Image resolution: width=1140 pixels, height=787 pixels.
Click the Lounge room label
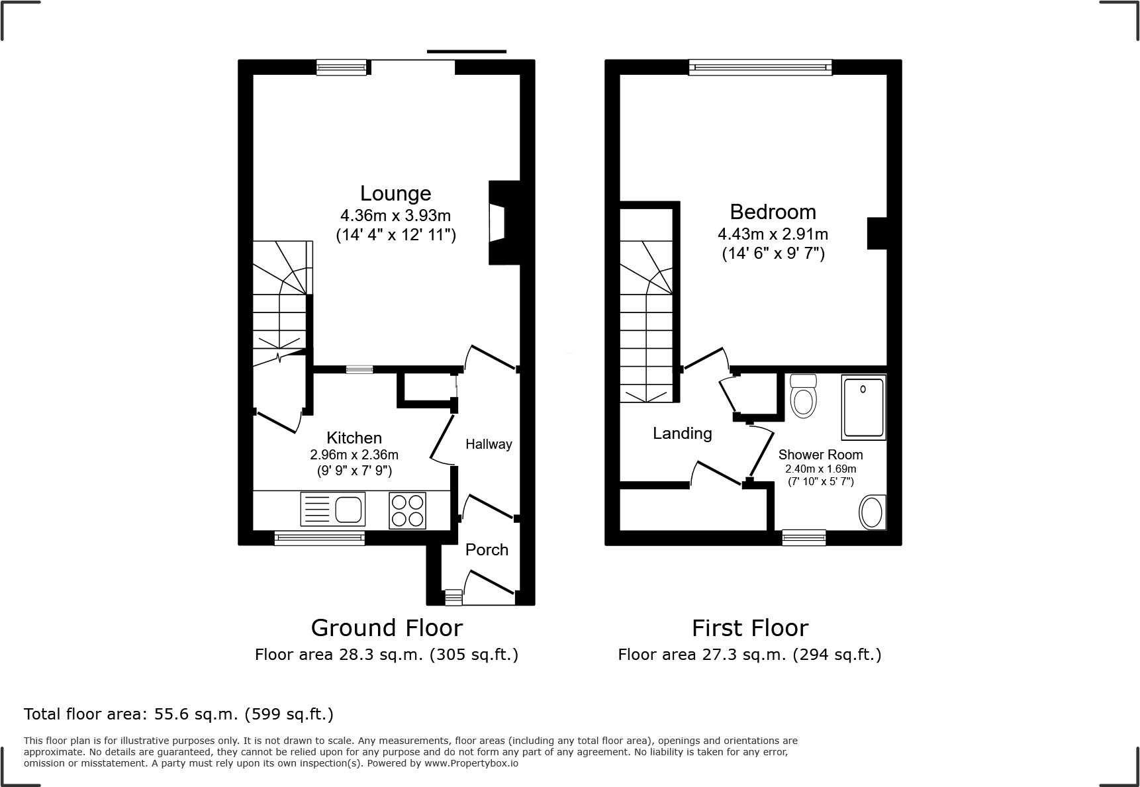click(x=395, y=193)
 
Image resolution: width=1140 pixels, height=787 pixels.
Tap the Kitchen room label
click(x=354, y=438)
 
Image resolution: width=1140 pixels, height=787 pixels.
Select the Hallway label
click(x=489, y=444)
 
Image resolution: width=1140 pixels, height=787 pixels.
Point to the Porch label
click(x=487, y=549)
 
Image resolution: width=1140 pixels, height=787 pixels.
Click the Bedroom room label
click(x=773, y=212)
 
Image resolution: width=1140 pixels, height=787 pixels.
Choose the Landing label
click(x=683, y=434)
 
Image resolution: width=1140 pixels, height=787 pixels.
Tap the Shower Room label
click(x=820, y=455)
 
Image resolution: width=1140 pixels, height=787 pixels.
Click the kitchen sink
click(x=331, y=510)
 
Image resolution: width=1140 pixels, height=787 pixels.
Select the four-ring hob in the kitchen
click(x=408, y=510)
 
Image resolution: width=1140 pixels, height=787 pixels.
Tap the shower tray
click(x=863, y=407)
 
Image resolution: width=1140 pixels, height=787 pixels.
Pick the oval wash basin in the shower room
click(x=871, y=513)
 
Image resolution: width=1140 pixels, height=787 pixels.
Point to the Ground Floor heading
click(x=387, y=627)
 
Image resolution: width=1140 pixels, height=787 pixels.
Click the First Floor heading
click(x=750, y=627)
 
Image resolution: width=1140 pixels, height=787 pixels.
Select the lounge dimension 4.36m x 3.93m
click(x=395, y=216)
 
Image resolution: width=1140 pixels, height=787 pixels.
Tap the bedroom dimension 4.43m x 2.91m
click(x=773, y=234)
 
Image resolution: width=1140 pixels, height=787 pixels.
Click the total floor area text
click(x=179, y=714)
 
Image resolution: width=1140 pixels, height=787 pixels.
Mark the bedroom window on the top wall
click(x=760, y=66)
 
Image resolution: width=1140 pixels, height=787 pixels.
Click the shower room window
click(x=804, y=537)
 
